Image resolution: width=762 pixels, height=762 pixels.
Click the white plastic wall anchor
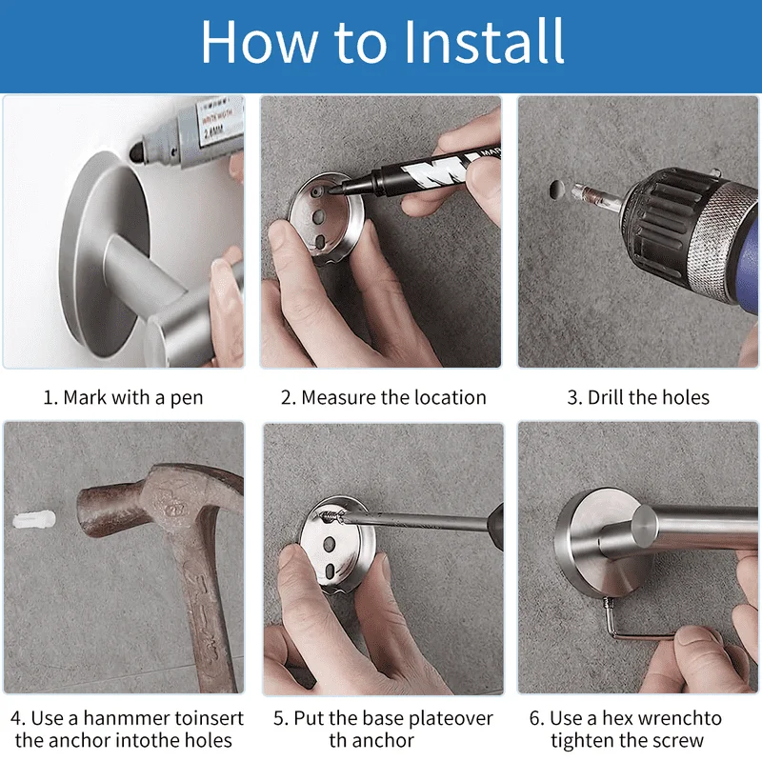33,521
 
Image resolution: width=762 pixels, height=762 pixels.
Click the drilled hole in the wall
557,190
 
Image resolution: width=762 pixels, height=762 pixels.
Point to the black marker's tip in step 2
335,191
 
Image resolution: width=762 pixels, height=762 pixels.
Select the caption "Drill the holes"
649,397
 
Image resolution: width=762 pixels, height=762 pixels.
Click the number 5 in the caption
278,718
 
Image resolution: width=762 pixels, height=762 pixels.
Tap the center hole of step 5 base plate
329,543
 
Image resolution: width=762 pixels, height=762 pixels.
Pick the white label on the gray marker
220,119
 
